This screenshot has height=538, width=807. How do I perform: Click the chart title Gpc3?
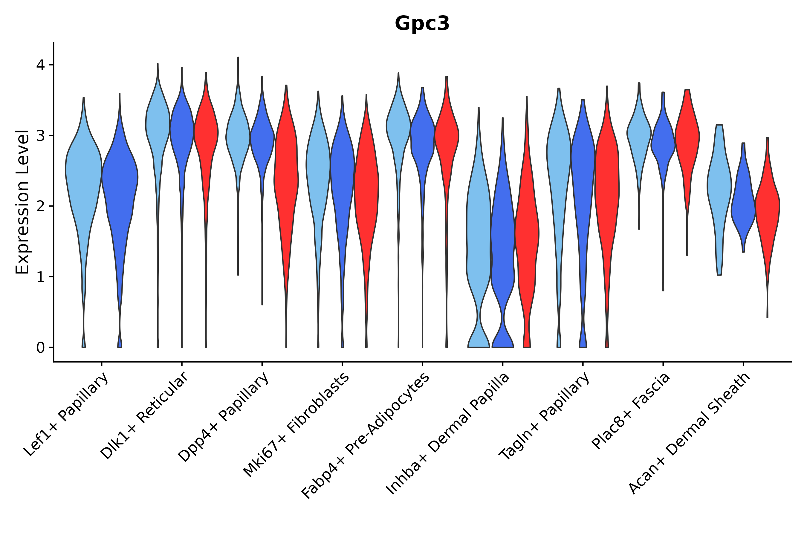[x=422, y=24]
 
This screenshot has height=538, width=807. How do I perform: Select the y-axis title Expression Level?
[x=23, y=202]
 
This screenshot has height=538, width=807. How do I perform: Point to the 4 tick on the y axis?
[x=40, y=65]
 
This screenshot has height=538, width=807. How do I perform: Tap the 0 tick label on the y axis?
[x=40, y=348]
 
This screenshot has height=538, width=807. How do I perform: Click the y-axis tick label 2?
[x=40, y=207]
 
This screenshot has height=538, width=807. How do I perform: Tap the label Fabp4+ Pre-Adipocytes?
[x=366, y=436]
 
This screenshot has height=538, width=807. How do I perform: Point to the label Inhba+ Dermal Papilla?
[x=448, y=434]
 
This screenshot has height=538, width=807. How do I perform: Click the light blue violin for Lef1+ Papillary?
[x=83, y=172]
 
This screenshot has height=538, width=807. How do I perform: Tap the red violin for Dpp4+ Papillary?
[x=286, y=172]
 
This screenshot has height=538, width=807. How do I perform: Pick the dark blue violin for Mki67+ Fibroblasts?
[x=342, y=172]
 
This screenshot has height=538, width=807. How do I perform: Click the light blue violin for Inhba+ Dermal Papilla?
[x=478, y=223]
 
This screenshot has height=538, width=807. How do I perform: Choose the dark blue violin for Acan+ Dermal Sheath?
[x=743, y=206]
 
